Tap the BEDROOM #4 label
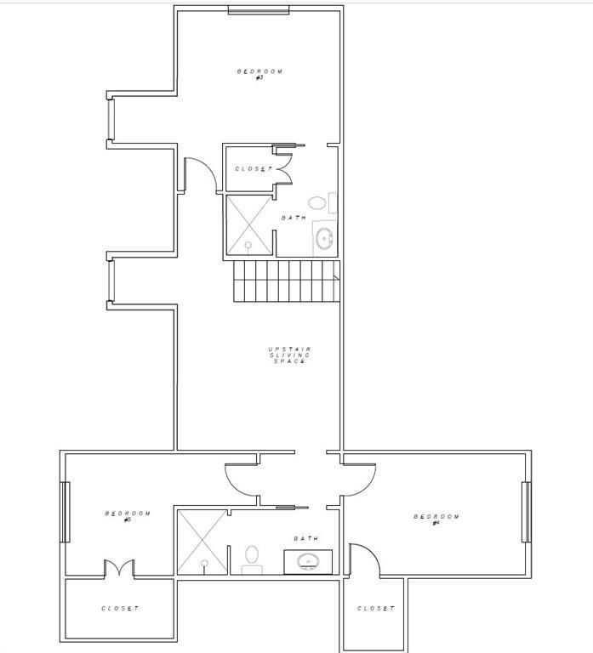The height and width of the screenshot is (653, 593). click(x=436, y=519)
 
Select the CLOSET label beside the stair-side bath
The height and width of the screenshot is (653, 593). click(x=254, y=168)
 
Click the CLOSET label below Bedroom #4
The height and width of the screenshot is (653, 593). click(x=376, y=609)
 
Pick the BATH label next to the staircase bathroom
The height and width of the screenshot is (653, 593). click(x=294, y=218)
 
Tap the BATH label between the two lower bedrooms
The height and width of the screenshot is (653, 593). click(x=305, y=538)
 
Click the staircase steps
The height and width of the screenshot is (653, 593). click(x=286, y=281)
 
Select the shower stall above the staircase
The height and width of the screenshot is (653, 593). click(x=249, y=224)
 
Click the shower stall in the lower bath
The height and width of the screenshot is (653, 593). click(x=202, y=541)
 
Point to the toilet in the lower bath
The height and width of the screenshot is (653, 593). click(x=252, y=558)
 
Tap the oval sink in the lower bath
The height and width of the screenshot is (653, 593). click(x=307, y=561)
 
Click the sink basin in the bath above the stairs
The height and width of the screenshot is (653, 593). click(x=324, y=238)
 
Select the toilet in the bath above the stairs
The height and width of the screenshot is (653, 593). click(x=317, y=203)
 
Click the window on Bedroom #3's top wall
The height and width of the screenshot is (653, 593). click(x=259, y=10)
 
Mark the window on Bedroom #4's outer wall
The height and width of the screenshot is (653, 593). click(x=527, y=512)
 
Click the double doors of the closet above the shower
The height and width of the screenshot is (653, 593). click(x=283, y=164)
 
